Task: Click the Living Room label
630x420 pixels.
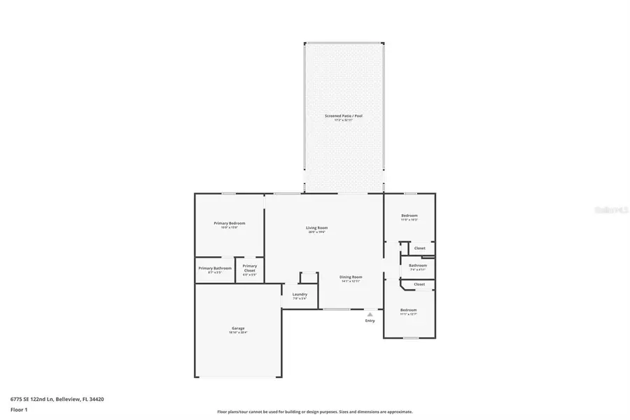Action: point(316,227)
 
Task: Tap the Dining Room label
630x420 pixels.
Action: point(351,276)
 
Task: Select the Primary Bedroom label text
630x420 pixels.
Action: point(229,223)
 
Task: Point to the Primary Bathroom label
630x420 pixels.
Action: point(214,268)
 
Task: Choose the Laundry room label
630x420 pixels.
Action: point(299,295)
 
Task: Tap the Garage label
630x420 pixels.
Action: point(238,328)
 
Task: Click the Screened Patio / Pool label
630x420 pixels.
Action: point(343,115)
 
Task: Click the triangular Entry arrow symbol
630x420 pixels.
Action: point(370,314)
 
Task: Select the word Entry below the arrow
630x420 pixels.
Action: point(370,321)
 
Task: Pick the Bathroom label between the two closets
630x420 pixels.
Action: point(418,265)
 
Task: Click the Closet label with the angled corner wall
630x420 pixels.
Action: point(419,284)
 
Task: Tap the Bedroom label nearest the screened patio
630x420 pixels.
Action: point(409,215)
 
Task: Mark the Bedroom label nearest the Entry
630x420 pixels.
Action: point(408,309)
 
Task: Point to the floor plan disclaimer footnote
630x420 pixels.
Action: point(315,412)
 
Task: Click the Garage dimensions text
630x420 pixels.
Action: point(238,332)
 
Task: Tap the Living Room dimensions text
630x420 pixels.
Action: point(316,232)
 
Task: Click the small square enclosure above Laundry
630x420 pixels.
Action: point(309,277)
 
